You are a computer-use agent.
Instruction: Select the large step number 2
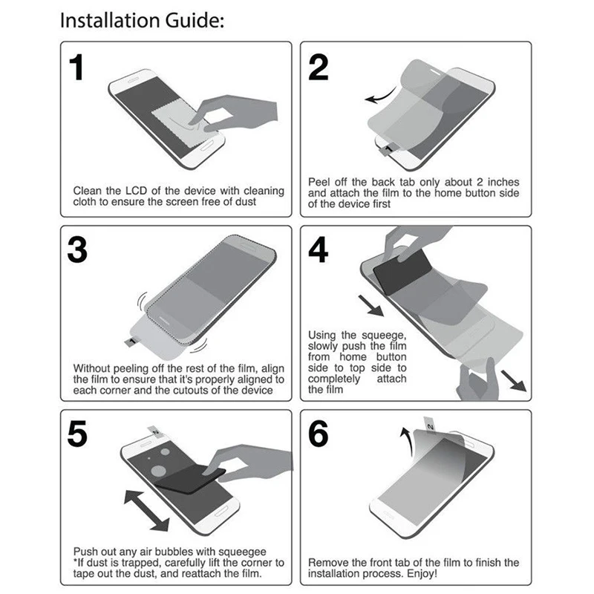coord(319,68)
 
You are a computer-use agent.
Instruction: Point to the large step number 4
coord(319,251)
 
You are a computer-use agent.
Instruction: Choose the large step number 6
coord(319,434)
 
